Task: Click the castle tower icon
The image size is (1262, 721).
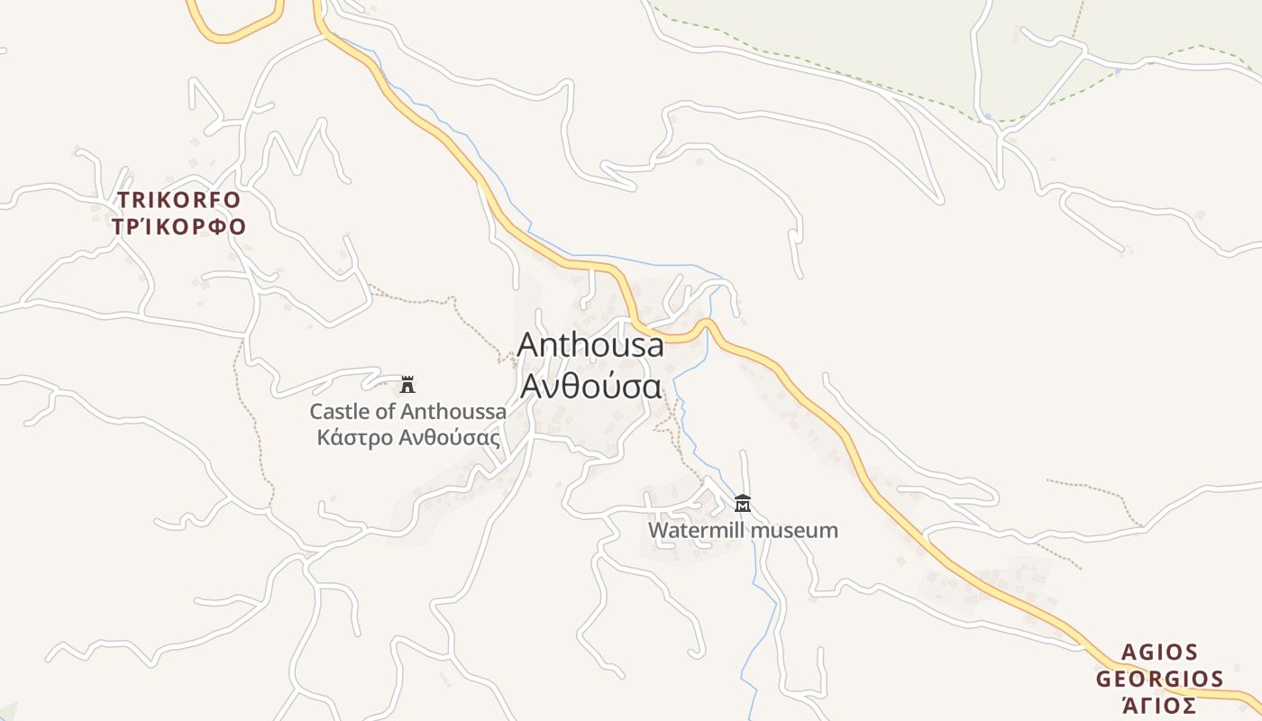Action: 407,385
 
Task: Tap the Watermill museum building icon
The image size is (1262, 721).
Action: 743,503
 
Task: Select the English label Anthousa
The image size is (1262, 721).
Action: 590,345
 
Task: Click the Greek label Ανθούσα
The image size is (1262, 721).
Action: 590,387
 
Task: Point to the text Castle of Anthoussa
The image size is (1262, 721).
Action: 407,412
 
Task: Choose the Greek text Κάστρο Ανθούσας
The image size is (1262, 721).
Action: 408,438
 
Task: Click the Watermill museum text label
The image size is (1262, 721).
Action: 743,530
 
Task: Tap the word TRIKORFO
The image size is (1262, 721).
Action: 178,200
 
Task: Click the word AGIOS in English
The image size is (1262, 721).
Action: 1159,653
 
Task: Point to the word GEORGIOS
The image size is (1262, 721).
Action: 1159,679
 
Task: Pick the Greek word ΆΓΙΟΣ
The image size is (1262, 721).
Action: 1159,705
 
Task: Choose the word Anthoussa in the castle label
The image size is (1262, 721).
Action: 453,412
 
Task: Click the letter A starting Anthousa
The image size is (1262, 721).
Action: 529,346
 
